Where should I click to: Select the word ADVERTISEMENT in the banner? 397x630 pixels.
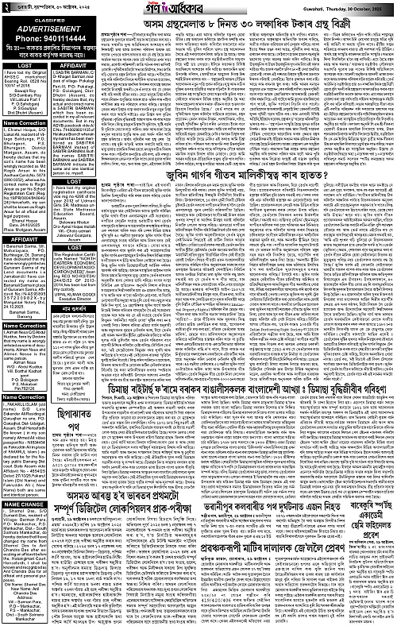coord(48,25)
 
